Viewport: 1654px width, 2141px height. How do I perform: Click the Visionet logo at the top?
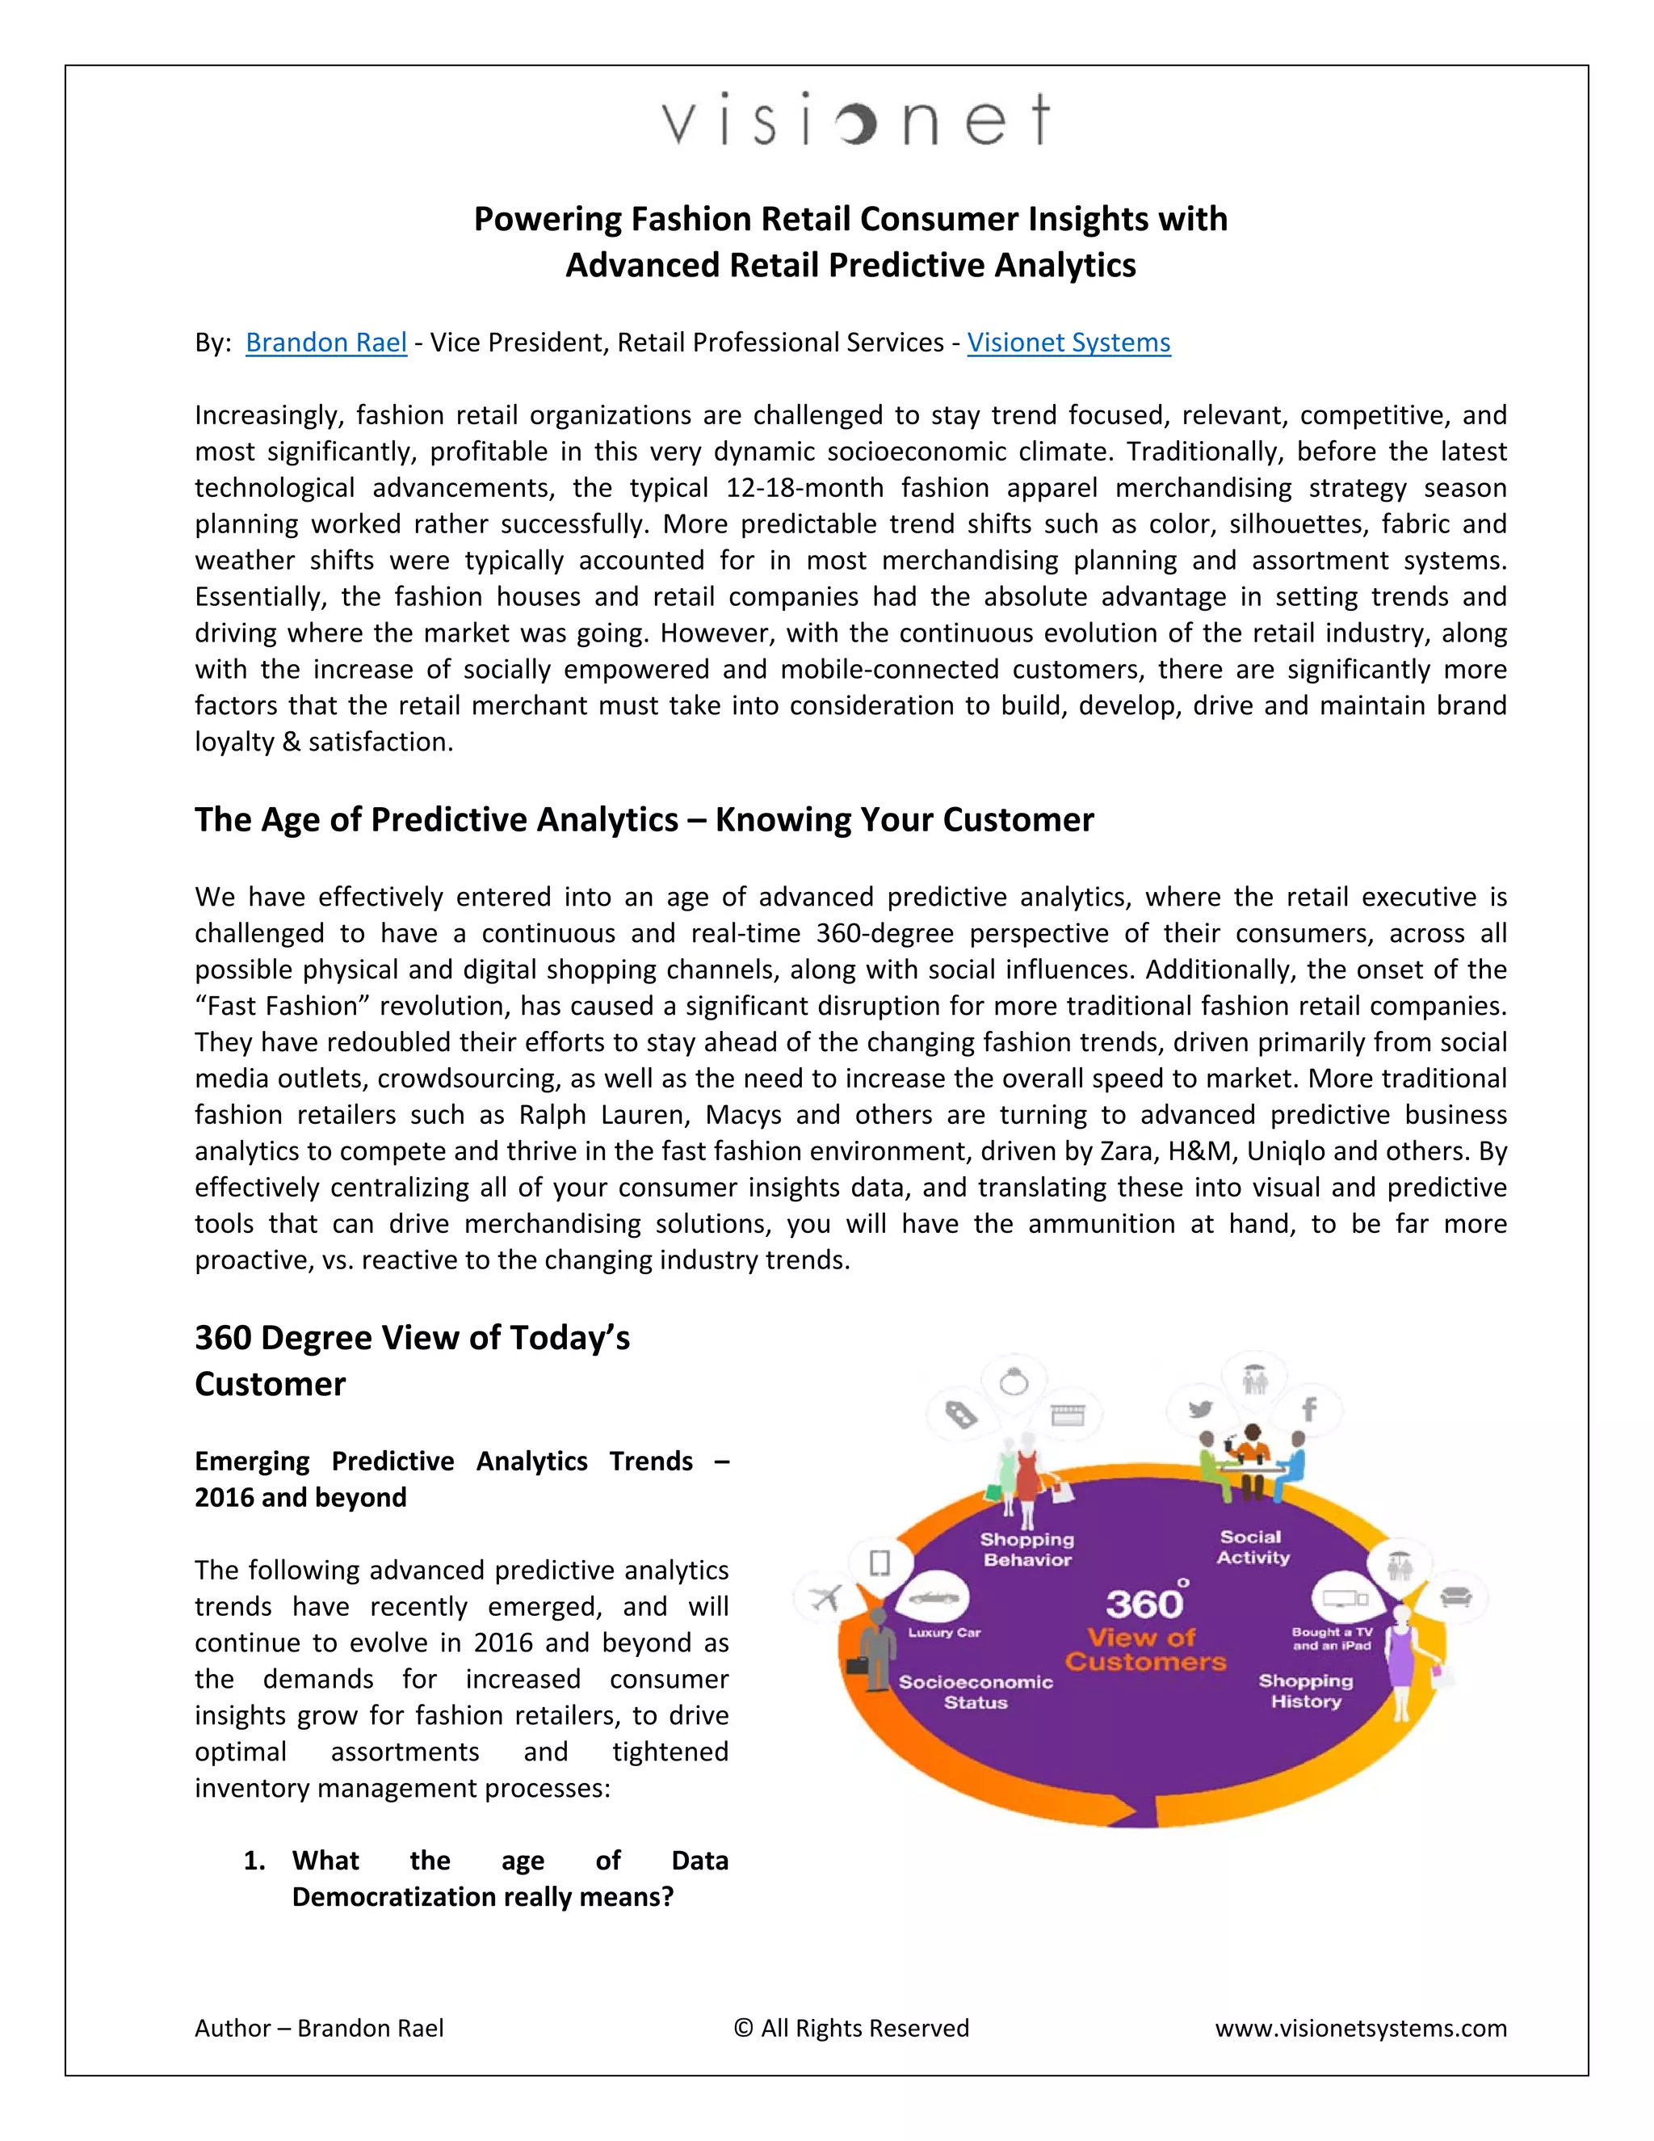click(855, 120)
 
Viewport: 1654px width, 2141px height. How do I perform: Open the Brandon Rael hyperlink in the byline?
click(325, 342)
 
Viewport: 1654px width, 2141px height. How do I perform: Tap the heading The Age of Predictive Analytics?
click(644, 819)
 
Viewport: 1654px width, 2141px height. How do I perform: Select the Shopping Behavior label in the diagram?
click(1027, 1549)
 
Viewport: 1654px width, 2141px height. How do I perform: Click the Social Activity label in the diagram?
click(1253, 1547)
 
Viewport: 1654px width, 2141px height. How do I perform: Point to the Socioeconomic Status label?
click(976, 1692)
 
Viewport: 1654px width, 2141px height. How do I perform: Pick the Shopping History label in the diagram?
click(1305, 1691)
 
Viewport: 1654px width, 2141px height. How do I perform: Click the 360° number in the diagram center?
click(1144, 1604)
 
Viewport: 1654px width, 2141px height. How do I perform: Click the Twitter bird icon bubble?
click(1199, 1410)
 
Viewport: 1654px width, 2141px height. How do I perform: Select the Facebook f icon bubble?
click(1309, 1410)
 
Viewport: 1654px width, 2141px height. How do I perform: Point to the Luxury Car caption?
click(943, 1632)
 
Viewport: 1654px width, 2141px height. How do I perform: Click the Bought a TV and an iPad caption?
click(1332, 1639)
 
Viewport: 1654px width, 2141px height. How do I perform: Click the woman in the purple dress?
click(1402, 1659)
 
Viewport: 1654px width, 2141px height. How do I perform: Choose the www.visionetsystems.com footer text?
click(1360, 2028)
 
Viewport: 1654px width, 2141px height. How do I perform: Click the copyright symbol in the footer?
click(744, 2028)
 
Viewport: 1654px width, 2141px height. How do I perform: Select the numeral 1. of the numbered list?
click(254, 1861)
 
